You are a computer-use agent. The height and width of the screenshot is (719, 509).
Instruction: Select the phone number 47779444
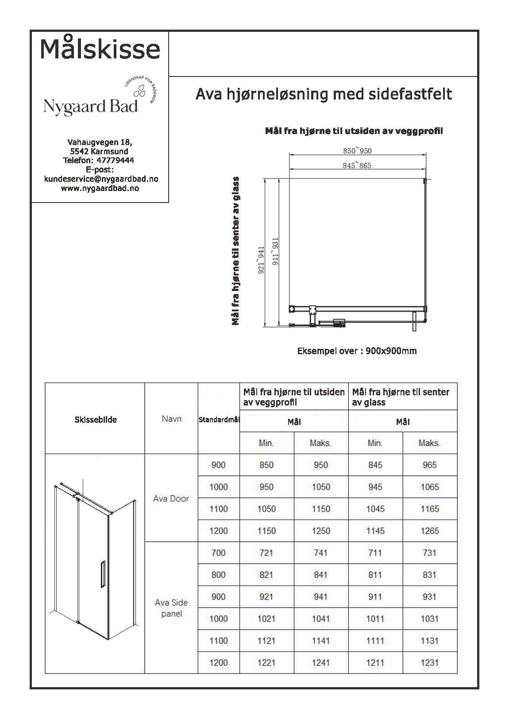click(115, 161)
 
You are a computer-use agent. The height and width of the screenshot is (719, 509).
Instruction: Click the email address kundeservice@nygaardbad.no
click(101, 179)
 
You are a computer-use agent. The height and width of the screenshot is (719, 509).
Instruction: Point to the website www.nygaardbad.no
click(100, 188)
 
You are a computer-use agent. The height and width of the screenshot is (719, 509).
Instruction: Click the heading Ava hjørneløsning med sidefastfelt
click(324, 94)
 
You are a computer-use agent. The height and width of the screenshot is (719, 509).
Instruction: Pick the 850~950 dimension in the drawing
click(357, 151)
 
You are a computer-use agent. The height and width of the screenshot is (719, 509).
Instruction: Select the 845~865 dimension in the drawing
click(357, 166)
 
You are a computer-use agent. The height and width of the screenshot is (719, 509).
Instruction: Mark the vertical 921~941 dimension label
click(261, 260)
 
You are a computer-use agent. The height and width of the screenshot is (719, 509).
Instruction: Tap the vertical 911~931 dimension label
click(275, 251)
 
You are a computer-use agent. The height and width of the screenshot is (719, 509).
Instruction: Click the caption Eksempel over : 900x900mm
click(357, 351)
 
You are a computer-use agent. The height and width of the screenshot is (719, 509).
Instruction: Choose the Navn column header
click(171, 419)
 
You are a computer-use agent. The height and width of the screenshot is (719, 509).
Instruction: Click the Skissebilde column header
click(96, 420)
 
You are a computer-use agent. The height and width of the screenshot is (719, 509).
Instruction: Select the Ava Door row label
click(171, 498)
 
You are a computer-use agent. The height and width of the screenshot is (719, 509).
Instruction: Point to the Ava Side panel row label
click(171, 608)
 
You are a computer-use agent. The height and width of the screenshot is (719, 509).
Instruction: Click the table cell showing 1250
click(321, 531)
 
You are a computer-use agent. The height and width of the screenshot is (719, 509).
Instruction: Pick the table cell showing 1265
click(429, 531)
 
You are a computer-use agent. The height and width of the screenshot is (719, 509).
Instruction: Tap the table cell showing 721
click(266, 553)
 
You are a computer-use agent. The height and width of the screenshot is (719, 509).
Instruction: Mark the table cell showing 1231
click(429, 662)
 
